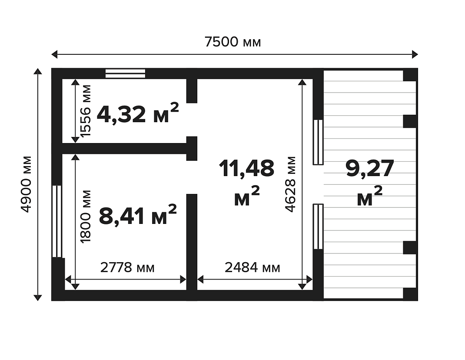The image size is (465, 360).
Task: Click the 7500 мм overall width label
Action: coord(233,42)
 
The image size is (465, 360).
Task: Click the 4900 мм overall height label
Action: coord(26,184)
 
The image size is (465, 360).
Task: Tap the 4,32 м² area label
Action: coord(138,113)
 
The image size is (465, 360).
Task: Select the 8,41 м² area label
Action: coord(138,215)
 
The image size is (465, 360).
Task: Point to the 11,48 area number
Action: coord(246,168)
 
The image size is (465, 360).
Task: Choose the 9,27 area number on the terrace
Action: coord(370,168)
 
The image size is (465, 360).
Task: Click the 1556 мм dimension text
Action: coord(86,111)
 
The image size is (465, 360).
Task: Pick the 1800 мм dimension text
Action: coord(86,217)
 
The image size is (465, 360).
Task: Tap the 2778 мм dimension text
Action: coord(127,267)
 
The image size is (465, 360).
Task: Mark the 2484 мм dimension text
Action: coord(252,267)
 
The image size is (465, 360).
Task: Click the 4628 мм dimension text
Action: coord(290,184)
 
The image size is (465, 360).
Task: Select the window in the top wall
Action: coord(126,73)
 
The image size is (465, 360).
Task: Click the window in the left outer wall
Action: coord(57,221)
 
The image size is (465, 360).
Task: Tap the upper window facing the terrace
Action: coord(318,142)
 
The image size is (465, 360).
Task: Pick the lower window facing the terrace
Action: coord(318,227)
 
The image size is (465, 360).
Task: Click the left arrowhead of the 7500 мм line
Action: coord(54,55)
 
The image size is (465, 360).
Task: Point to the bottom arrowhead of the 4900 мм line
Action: coord(38,298)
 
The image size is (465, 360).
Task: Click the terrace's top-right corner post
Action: coord(410,75)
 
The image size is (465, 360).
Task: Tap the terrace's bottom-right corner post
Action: coord(410,294)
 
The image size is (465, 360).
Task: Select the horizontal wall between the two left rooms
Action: coord(125,148)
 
